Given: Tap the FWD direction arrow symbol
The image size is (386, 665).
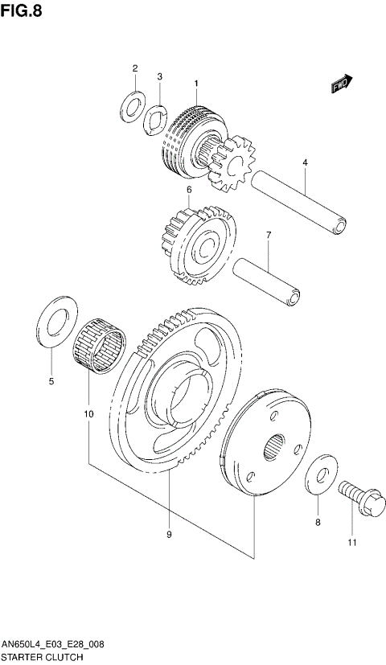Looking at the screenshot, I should (x=341, y=84).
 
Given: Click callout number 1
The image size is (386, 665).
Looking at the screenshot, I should (x=195, y=83).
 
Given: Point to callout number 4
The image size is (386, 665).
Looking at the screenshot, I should (x=306, y=162).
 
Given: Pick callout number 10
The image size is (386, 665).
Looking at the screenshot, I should (x=88, y=414).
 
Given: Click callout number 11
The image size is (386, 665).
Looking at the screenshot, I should (x=351, y=544).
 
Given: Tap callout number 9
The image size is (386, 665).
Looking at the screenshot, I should (x=169, y=534).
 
